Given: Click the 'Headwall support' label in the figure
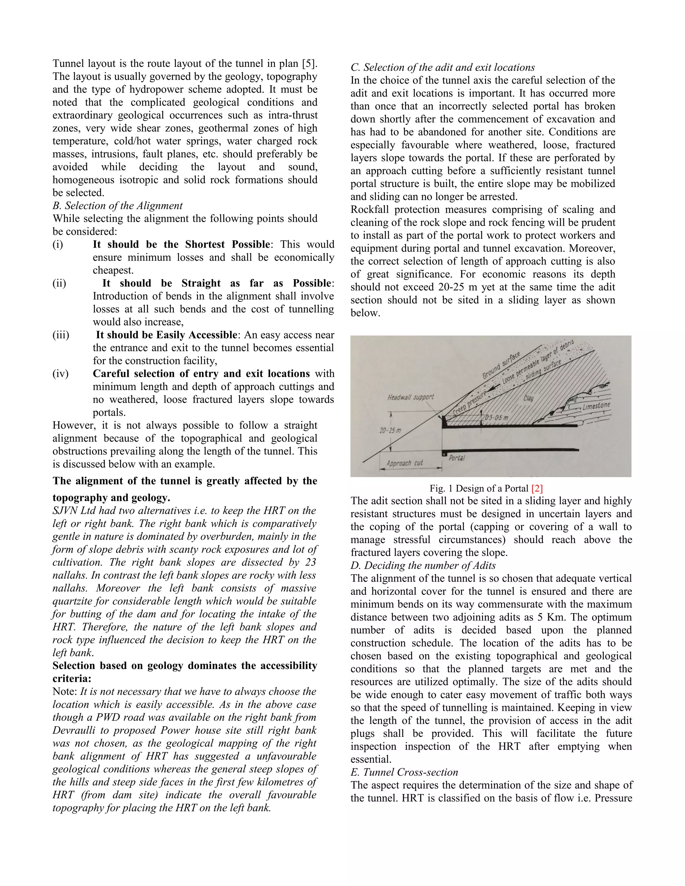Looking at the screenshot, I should [x=410, y=397].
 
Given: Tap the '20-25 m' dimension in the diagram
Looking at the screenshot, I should [x=390, y=430].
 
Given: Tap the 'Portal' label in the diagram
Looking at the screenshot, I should [x=457, y=458].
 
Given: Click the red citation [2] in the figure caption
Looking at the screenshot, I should [x=537, y=488].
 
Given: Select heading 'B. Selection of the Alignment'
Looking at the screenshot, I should [x=118, y=206].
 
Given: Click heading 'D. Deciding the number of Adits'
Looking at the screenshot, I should [x=423, y=565].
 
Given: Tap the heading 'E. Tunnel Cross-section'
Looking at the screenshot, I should [x=404, y=772].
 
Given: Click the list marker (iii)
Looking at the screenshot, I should [x=61, y=335].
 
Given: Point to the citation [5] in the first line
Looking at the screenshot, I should [x=309, y=64].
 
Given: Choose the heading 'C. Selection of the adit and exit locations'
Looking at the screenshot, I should [x=442, y=67].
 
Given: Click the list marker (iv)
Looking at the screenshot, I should [x=61, y=374].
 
